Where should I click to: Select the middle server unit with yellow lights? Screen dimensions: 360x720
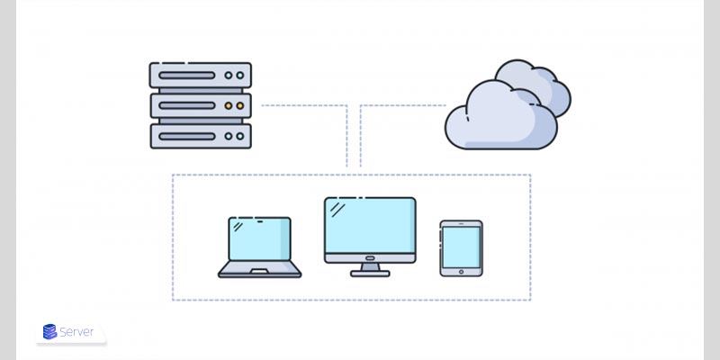pyautogui.click(x=200, y=105)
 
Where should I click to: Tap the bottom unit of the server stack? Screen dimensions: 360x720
pyautogui.click(x=200, y=135)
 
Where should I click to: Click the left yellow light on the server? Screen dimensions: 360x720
pyautogui.click(x=228, y=105)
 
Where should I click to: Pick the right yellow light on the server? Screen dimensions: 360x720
pyautogui.click(x=240, y=105)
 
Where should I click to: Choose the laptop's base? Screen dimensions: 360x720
pyautogui.click(x=259, y=270)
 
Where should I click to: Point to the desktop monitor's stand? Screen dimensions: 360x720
pyautogui.click(x=370, y=268)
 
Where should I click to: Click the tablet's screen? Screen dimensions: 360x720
pyautogui.click(x=461, y=244)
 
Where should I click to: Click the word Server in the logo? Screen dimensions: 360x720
pyautogui.click(x=78, y=332)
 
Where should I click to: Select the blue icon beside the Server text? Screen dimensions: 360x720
pyautogui.click(x=49, y=332)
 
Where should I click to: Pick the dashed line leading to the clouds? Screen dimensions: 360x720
pyautogui.click(x=400, y=105)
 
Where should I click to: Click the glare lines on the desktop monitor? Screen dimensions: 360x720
pyautogui.click(x=337, y=210)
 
